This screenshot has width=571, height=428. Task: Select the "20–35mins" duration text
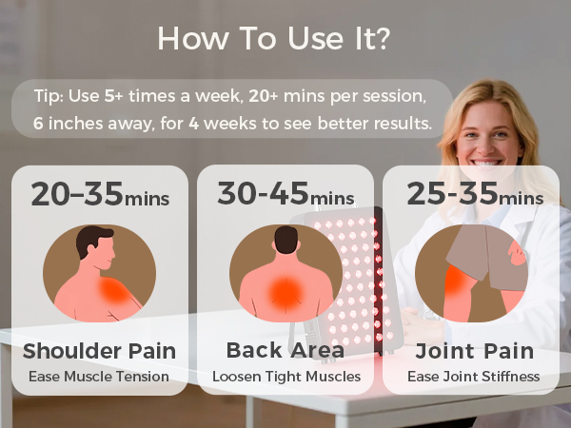[x=100, y=195]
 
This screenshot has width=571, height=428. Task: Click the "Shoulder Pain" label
[x=99, y=351]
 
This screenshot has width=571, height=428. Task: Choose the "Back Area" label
[x=285, y=351]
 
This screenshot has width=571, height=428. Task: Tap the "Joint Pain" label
[x=473, y=351]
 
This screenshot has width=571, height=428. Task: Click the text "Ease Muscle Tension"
[x=100, y=377]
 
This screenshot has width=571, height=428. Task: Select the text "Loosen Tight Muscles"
[x=285, y=377]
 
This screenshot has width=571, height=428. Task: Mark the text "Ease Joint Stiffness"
[x=473, y=377]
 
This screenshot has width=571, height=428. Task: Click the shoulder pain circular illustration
[x=99, y=273]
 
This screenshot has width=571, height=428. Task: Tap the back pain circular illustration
[x=285, y=273]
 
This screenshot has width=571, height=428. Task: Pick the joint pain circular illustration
[x=472, y=273]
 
